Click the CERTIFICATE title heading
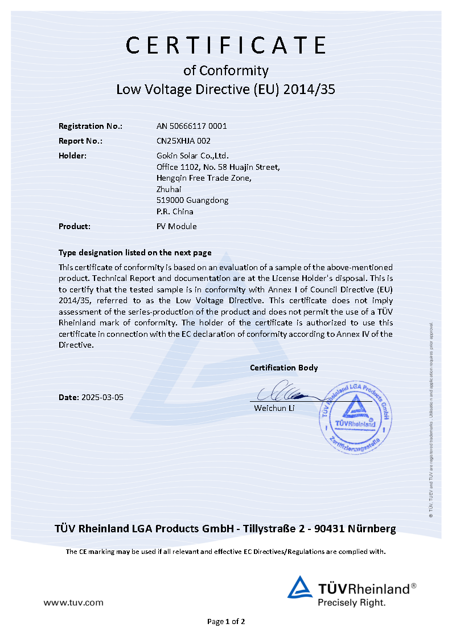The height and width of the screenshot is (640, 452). tap(226, 45)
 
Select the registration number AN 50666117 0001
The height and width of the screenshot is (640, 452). tap(191, 126)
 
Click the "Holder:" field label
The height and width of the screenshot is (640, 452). tap(73, 155)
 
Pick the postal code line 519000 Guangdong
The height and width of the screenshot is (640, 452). tap(192, 200)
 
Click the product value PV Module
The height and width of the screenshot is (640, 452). tap(176, 226)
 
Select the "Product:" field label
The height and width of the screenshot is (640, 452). tap(75, 226)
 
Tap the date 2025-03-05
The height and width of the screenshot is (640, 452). tap(102, 397)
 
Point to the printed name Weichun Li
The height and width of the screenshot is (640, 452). tap(274, 408)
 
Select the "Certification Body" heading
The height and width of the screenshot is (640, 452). tap(283, 368)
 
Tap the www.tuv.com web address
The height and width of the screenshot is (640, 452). tap(73, 602)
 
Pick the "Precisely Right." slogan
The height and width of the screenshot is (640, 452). tap(351, 602)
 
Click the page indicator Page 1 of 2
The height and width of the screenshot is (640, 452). tap(226, 621)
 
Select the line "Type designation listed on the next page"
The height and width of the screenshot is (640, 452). tap(135, 252)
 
